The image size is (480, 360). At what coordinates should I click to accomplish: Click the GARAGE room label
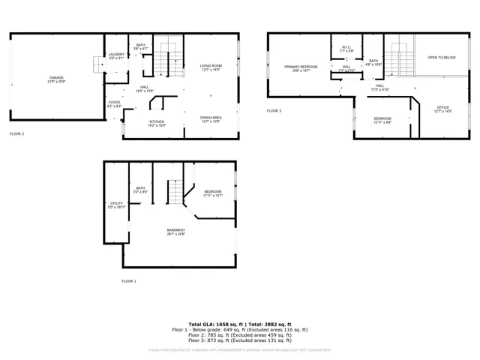(56, 78)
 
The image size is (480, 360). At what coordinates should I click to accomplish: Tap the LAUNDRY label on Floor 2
(116, 54)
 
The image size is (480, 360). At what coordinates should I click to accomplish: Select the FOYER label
(114, 102)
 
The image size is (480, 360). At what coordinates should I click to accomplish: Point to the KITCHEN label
(156, 121)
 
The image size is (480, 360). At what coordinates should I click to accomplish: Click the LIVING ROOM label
(211, 67)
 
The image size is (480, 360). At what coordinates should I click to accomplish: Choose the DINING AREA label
(211, 118)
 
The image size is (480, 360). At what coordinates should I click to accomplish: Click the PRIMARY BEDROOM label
(301, 67)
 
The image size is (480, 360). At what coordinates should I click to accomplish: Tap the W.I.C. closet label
(346, 48)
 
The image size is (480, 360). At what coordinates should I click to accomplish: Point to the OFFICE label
(443, 108)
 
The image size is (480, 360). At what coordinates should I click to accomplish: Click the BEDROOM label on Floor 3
(382, 118)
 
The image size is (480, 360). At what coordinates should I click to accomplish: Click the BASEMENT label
(175, 230)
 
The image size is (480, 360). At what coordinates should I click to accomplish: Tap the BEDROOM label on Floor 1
(213, 192)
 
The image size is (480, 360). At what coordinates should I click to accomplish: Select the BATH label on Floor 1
(140, 188)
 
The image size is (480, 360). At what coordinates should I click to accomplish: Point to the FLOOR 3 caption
(274, 111)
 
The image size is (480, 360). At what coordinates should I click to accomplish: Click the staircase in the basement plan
(175, 193)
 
